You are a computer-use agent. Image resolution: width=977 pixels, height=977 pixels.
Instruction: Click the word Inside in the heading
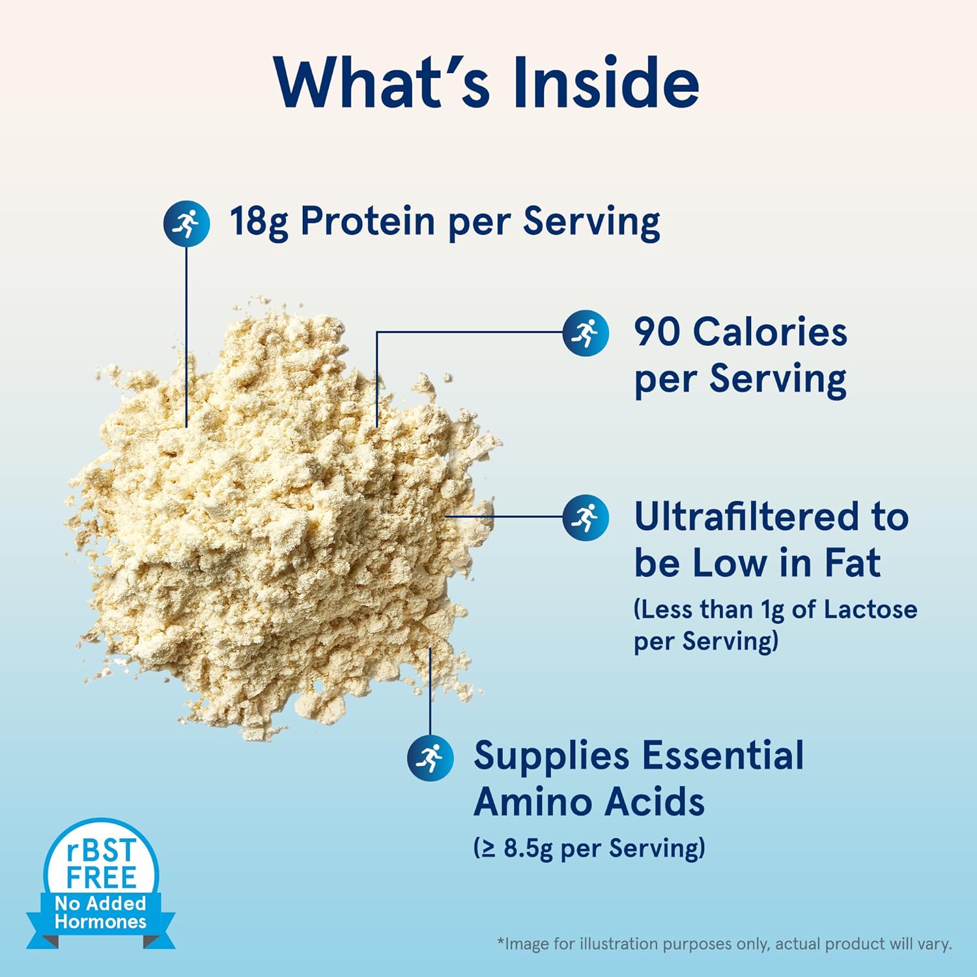pyautogui.click(x=606, y=83)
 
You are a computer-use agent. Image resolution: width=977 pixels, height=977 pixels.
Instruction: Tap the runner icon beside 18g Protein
pyautogui.click(x=186, y=223)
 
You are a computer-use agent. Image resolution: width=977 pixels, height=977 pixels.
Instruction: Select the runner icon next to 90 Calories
pyautogui.click(x=586, y=333)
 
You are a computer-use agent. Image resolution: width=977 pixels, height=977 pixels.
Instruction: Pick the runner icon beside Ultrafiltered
pyautogui.click(x=586, y=518)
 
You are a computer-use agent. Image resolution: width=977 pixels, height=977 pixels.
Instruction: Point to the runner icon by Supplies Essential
pyautogui.click(x=430, y=758)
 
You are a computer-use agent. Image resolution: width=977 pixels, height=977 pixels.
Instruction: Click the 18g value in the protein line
pyautogui.click(x=258, y=221)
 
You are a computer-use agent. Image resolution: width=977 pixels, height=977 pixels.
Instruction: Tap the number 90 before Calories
pyautogui.click(x=658, y=332)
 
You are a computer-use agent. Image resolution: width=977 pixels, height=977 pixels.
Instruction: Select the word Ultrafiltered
pyautogui.click(x=745, y=517)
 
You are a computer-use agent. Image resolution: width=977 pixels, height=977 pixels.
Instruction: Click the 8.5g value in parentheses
pyautogui.click(x=528, y=849)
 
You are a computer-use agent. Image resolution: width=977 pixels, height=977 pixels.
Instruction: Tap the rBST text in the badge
pyautogui.click(x=101, y=851)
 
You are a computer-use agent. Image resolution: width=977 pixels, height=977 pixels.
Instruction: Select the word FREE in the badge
pyautogui.click(x=101, y=877)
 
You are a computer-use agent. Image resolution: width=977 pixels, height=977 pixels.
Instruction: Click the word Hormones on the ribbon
pyautogui.click(x=100, y=922)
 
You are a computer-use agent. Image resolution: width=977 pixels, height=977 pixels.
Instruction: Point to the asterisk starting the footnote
pyautogui.click(x=501, y=942)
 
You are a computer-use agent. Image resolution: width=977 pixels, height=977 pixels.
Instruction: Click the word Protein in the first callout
pyautogui.click(x=367, y=221)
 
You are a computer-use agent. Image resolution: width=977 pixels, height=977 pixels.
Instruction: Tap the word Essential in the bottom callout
pyautogui.click(x=723, y=756)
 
